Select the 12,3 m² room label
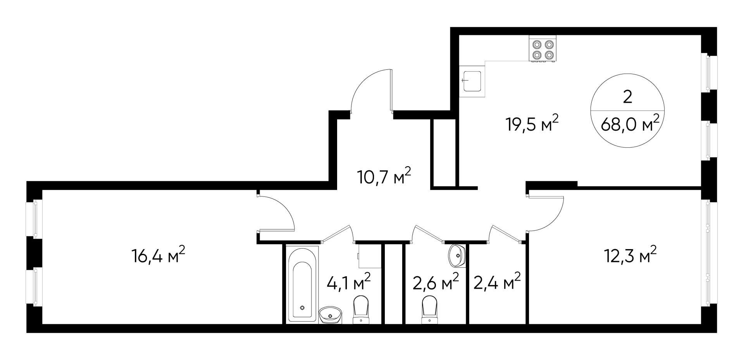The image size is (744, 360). point(630,255)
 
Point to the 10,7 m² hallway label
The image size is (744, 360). point(384,177)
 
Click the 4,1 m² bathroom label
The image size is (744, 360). point(349,282)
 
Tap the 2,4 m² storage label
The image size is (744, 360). point(497,282)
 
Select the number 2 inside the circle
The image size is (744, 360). point(627,96)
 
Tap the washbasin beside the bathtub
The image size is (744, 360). point(331,315)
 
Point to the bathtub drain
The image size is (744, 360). point(303,308)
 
